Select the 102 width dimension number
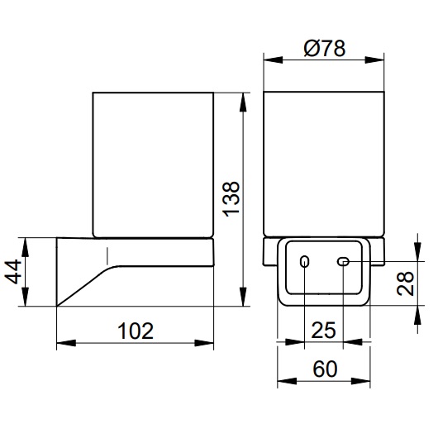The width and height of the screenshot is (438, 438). click(136, 332)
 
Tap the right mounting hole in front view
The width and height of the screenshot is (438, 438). click(343, 262)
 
